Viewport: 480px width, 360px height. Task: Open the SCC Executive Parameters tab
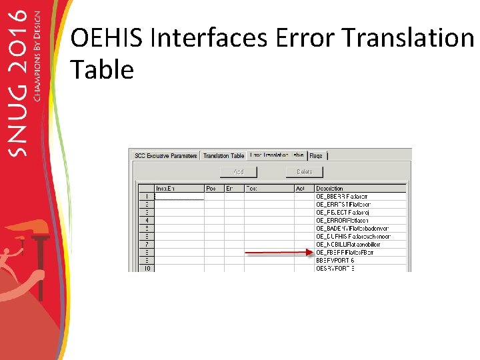pos(165,155)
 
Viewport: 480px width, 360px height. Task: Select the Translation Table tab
pos(223,155)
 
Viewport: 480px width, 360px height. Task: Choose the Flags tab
pos(316,155)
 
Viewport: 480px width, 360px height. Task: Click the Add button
pos(238,172)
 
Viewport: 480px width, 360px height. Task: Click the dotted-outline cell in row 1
pos(179,197)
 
